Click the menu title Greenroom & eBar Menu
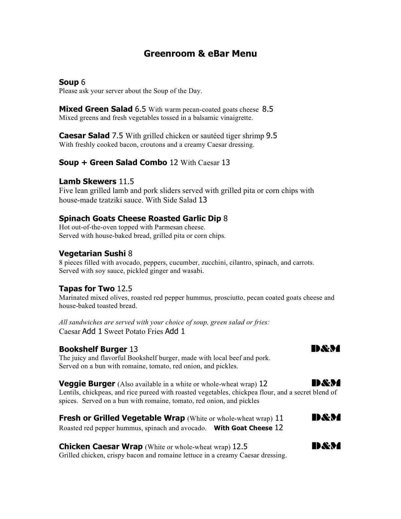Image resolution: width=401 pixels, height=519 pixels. coord(200,54)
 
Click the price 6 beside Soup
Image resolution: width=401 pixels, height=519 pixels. coord(83,82)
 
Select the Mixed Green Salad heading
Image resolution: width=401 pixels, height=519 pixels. coord(96,109)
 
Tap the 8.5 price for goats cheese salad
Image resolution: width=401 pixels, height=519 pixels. coord(267,109)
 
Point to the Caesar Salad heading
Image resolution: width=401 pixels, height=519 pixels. coord(84,136)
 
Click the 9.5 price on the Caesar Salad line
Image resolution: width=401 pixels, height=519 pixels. coord(271,136)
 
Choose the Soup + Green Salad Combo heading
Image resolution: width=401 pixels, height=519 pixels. coord(113,163)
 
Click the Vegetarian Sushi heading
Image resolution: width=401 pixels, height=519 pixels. coord(92,254)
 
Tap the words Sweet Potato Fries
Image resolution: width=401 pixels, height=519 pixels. coord(133,332)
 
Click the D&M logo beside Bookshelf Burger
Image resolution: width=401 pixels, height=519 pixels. coord(326,349)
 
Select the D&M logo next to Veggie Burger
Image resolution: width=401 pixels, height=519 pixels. coord(326,383)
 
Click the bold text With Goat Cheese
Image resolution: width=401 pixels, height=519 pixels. coord(243,428)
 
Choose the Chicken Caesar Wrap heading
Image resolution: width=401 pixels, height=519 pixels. coord(101,447)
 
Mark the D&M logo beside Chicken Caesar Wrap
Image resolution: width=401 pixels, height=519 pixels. coord(326,446)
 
